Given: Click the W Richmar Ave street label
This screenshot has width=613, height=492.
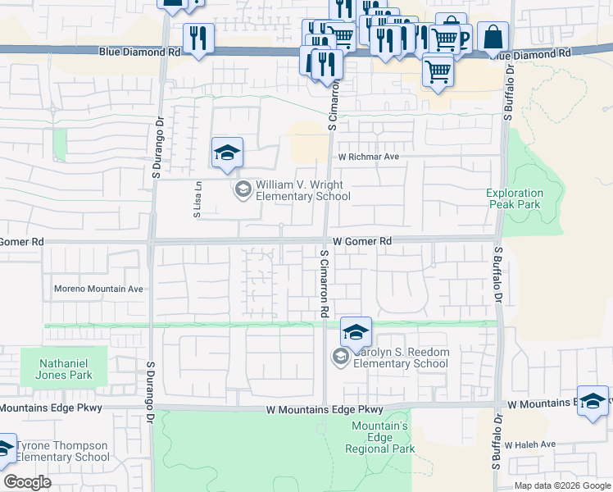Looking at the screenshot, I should tap(368, 156).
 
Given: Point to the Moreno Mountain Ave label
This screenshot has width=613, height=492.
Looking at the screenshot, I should tap(98, 289).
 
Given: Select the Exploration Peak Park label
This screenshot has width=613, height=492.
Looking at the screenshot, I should tap(514, 198).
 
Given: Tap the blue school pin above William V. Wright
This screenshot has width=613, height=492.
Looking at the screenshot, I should tap(227, 153).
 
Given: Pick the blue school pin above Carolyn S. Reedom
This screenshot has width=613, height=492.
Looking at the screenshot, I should tap(356, 333).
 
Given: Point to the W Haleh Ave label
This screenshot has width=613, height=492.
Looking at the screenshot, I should tap(529, 444).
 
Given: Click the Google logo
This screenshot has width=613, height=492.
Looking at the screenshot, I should tap(27, 482).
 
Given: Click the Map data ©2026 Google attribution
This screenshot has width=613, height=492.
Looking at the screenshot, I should tap(562, 485).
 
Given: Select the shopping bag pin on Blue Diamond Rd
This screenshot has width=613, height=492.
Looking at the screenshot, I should tap(493, 38).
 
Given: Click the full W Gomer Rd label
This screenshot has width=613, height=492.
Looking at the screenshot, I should tap(361, 242).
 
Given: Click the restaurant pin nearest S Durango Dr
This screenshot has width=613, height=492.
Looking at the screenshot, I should tap(198, 39).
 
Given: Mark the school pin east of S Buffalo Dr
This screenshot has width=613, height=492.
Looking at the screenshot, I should tap(593, 402).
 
